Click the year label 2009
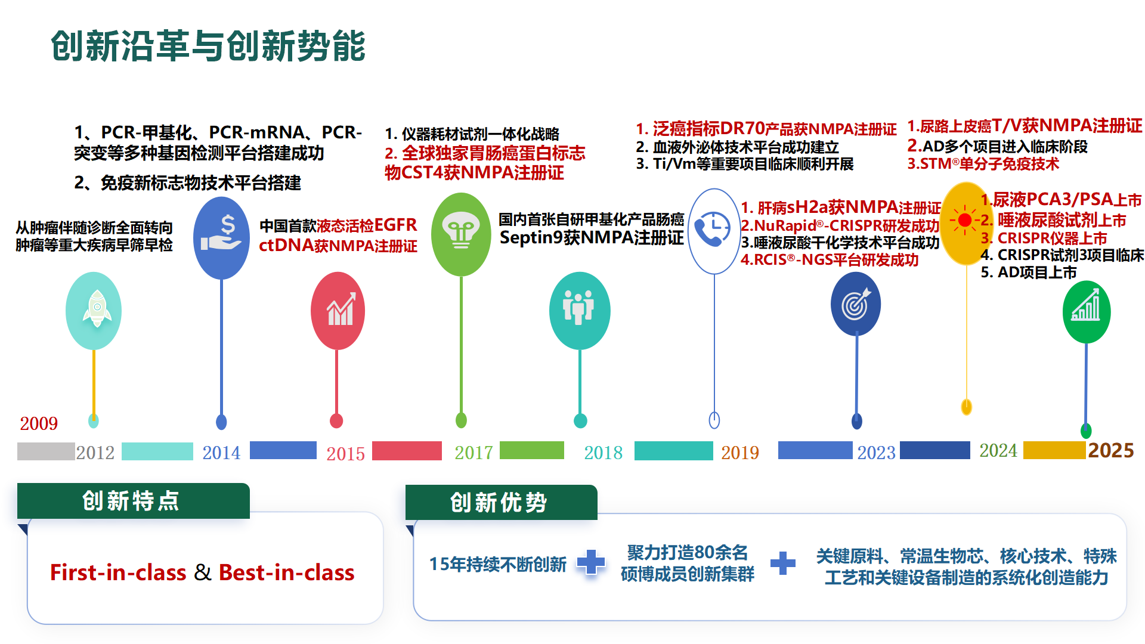click(x=39, y=423)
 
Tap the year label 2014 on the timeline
click(x=221, y=453)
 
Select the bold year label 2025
click(x=1110, y=450)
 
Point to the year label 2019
click(x=739, y=453)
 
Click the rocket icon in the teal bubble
click(x=95, y=309)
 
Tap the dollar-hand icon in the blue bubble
click(x=222, y=234)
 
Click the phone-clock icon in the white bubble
click(x=713, y=229)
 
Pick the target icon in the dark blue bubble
click(x=856, y=304)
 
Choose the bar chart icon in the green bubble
click(x=1086, y=306)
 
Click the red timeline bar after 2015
click(x=407, y=451)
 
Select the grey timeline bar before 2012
click(x=46, y=451)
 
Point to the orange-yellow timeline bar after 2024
click(x=1054, y=450)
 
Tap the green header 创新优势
click(x=500, y=503)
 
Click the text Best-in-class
click(x=286, y=572)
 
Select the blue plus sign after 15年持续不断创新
click(x=591, y=562)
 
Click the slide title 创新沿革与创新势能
click(x=208, y=46)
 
